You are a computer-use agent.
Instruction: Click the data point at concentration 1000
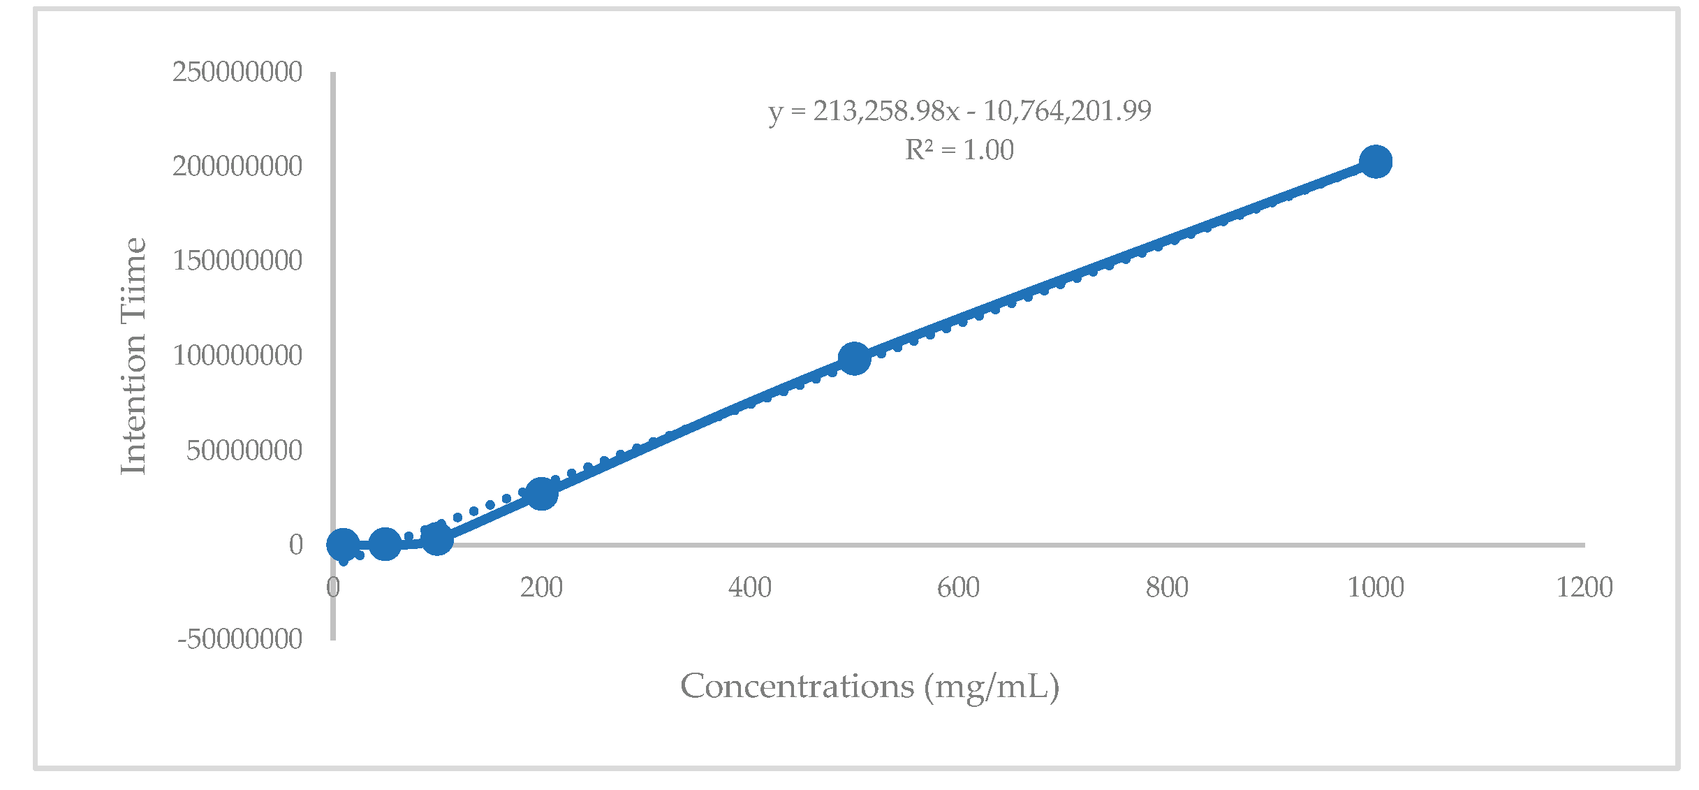[1376, 162]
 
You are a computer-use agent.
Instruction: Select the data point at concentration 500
[854, 358]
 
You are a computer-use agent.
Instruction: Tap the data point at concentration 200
[541, 494]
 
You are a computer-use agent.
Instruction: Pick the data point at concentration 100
[437, 539]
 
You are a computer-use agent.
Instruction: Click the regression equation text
[959, 111]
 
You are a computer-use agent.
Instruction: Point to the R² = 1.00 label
[959, 150]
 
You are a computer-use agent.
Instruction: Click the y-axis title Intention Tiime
[134, 356]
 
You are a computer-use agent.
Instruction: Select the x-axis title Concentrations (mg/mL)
[869, 687]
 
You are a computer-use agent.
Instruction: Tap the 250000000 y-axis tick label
[237, 72]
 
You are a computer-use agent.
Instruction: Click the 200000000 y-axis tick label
[237, 166]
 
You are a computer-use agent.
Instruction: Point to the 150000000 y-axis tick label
[237, 261]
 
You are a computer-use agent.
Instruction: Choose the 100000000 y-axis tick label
[237, 356]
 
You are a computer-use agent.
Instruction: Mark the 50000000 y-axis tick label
[244, 451]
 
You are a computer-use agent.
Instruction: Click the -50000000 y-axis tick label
[240, 639]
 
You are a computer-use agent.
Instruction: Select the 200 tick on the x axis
[541, 587]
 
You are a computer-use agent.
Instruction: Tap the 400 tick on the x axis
[750, 587]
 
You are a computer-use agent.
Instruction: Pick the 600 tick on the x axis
[958, 587]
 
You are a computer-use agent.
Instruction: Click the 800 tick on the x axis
[1167, 587]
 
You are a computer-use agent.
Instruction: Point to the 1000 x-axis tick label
[1375, 587]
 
